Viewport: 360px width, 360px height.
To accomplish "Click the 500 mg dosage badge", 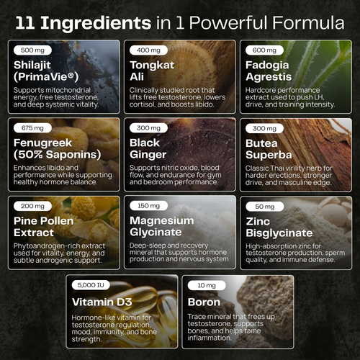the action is click(x=32, y=50).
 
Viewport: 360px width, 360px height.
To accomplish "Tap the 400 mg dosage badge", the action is click(x=148, y=50).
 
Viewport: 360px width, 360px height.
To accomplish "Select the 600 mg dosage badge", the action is click(x=264, y=50).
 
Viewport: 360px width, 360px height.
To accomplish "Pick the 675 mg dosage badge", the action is click(x=32, y=128).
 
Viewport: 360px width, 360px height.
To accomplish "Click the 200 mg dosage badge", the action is click(x=32, y=206).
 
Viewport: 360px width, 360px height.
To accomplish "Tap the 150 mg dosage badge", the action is click(x=148, y=206).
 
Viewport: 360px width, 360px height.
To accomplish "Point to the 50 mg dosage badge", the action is click(x=265, y=207).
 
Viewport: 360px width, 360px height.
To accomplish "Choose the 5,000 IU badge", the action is click(x=91, y=285).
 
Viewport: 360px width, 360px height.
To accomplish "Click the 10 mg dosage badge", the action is click(x=207, y=285).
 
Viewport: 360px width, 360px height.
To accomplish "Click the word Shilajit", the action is click(x=32, y=66).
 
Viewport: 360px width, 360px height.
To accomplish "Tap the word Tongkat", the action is click(x=152, y=65).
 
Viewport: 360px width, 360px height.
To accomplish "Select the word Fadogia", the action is click(x=267, y=65).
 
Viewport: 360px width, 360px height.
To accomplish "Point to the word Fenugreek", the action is click(x=42, y=143).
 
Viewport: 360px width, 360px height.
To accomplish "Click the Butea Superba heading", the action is click(x=269, y=149).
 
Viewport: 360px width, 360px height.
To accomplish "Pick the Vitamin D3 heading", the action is click(x=102, y=302).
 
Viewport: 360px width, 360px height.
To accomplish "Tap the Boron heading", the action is click(x=204, y=302).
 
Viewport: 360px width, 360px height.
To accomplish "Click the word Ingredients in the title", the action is click(x=96, y=24).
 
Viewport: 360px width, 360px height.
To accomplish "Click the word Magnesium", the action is click(x=162, y=220).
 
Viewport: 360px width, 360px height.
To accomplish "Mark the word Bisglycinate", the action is click(x=279, y=233).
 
